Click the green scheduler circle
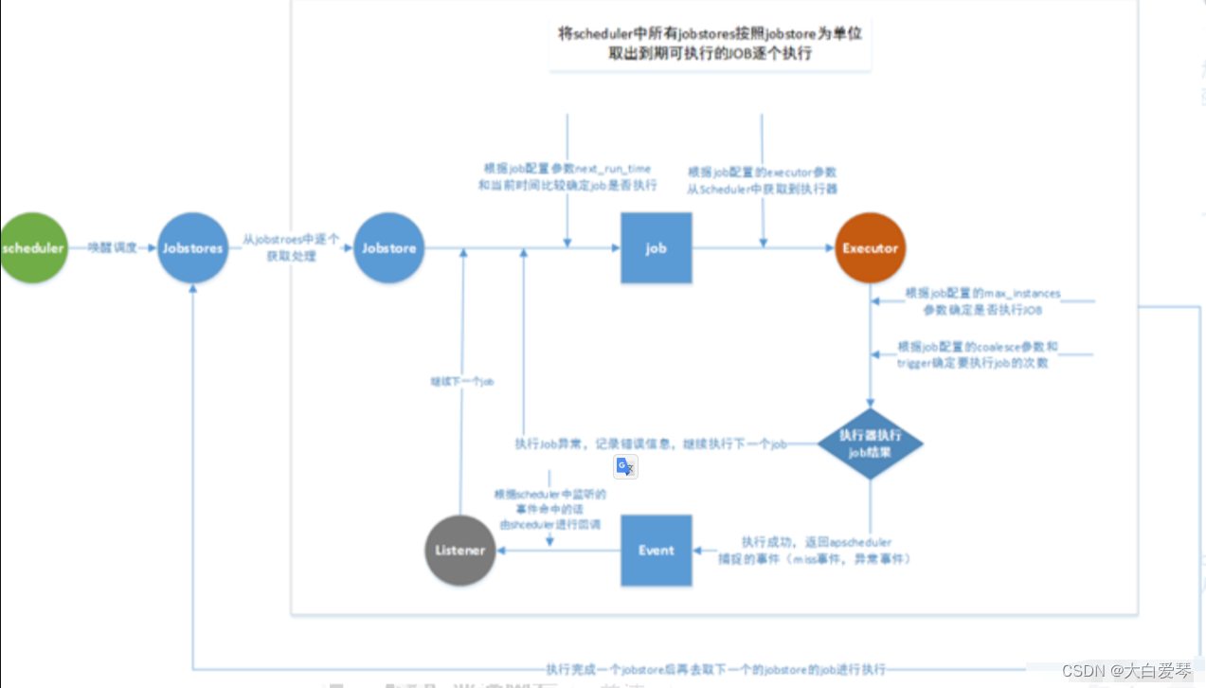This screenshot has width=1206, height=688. pyautogui.click(x=33, y=248)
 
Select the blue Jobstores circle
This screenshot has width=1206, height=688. pyautogui.click(x=192, y=248)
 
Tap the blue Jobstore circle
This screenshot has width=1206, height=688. pyautogui.click(x=388, y=248)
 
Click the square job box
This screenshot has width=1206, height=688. pyautogui.click(x=656, y=248)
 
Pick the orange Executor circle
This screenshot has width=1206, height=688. pyautogui.click(x=870, y=248)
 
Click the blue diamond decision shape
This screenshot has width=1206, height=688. pyautogui.click(x=870, y=444)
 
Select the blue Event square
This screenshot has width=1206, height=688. pyautogui.click(x=656, y=550)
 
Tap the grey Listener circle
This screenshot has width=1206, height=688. pyautogui.click(x=459, y=550)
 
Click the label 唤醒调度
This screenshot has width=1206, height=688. pyautogui.click(x=113, y=248)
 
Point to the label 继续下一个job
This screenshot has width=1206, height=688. pyautogui.click(x=461, y=382)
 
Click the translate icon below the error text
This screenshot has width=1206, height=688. pyautogui.click(x=625, y=466)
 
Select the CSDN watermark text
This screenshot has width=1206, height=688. pyautogui.click(x=1126, y=671)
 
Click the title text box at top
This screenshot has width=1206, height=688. pyautogui.click(x=710, y=44)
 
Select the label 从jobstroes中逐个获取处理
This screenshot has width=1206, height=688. pyautogui.click(x=291, y=248)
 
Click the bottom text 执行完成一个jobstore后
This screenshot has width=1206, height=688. pyautogui.click(x=715, y=668)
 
